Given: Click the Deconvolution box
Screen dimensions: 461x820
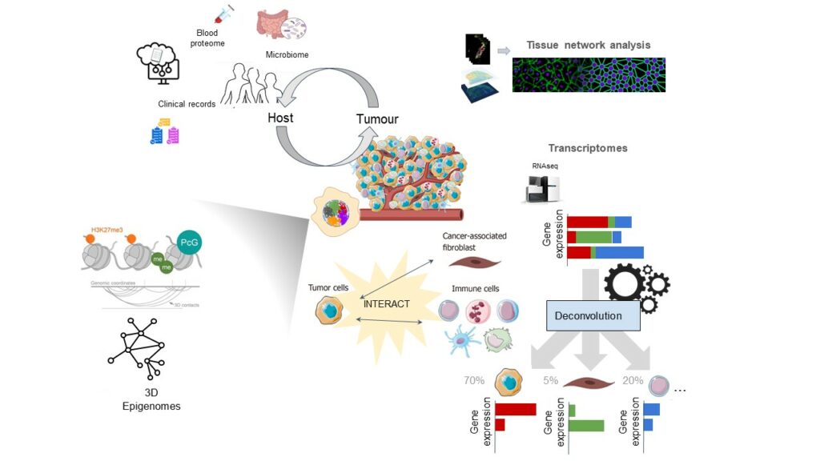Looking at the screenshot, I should click(x=593, y=315).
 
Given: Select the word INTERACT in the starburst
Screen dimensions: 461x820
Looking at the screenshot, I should click(x=387, y=303).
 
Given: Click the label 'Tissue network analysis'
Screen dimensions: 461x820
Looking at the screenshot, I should click(x=588, y=45).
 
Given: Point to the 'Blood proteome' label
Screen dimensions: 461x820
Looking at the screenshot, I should click(x=207, y=38).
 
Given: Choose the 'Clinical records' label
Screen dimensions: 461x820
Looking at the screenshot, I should click(x=187, y=103).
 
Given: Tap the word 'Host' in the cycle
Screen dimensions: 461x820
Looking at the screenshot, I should click(x=280, y=118).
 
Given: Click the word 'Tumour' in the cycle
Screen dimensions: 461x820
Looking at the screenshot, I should click(x=376, y=119).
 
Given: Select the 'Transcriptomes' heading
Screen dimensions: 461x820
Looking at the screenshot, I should click(x=587, y=148).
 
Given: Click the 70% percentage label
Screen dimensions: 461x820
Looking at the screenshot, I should click(x=473, y=380).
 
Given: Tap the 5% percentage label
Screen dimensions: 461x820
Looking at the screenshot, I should click(x=550, y=380).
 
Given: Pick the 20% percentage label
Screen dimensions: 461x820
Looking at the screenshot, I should click(x=633, y=380).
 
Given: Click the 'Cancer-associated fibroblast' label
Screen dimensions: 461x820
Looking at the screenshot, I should click(x=472, y=242).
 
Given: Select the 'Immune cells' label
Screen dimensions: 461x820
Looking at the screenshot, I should click(x=476, y=288).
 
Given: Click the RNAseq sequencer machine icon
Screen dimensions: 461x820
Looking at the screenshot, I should click(x=538, y=190).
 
